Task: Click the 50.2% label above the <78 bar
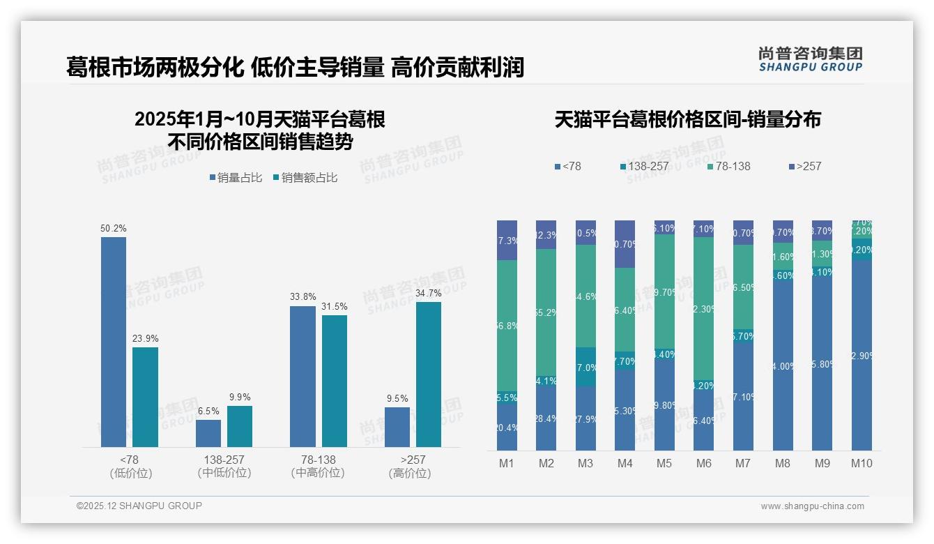tap(114, 229)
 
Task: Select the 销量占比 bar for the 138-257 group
tap(208, 433)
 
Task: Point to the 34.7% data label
tap(428, 294)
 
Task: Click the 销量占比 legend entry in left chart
tap(236, 178)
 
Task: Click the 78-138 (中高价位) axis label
tap(318, 467)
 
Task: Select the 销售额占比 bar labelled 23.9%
tap(145, 397)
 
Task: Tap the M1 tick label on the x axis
tap(507, 463)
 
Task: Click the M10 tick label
tap(862, 463)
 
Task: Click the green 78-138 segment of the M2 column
tap(546, 314)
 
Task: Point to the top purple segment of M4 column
tap(625, 244)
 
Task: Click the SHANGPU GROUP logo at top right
tap(810, 59)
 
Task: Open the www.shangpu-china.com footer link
tap(812, 506)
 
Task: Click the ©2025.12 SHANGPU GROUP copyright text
tap(139, 506)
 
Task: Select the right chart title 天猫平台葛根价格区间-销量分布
tap(687, 119)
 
